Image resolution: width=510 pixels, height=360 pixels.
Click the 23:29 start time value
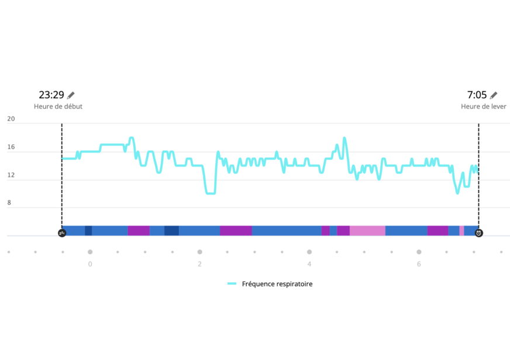click(51, 95)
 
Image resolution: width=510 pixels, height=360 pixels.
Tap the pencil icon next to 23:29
click(71, 95)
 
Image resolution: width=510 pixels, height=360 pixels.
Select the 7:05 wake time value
click(477, 95)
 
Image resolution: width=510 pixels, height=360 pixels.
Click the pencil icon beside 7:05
click(494, 95)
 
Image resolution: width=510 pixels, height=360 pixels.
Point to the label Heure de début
click(58, 107)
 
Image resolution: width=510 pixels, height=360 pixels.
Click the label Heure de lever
click(483, 107)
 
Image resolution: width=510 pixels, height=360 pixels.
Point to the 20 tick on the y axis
click(11, 119)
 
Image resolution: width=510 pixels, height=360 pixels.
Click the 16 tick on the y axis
click(11, 147)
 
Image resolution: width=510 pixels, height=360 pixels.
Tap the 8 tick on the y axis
click(9, 203)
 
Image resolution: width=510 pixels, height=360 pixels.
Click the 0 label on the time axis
click(90, 264)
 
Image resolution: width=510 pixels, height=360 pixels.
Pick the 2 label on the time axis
click(199, 264)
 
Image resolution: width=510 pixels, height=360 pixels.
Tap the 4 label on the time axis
click(309, 264)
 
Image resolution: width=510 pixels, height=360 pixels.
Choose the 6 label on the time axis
click(419, 264)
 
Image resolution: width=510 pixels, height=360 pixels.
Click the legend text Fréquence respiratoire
click(277, 284)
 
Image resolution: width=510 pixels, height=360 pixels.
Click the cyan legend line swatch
click(232, 284)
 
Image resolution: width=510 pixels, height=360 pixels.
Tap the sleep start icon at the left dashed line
click(62, 233)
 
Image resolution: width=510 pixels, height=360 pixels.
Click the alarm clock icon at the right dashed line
click(479, 233)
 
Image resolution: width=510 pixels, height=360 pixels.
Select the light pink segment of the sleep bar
click(367, 230)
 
